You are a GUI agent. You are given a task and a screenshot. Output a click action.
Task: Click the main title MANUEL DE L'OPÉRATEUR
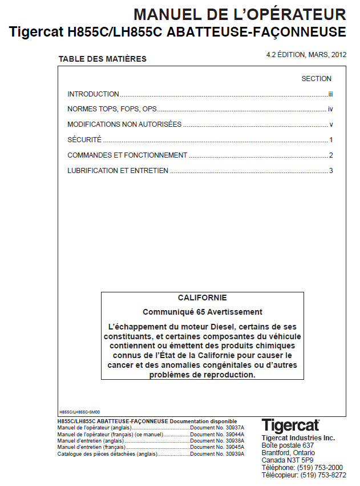click(239, 14)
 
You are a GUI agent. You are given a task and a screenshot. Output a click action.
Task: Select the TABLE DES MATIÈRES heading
click(102, 59)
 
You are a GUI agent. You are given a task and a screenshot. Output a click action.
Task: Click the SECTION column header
click(316, 79)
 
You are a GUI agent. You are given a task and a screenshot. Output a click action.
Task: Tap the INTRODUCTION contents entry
click(93, 94)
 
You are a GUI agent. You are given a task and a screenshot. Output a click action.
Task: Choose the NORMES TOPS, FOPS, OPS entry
click(112, 109)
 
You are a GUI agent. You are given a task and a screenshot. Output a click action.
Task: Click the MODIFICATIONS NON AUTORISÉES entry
click(124, 124)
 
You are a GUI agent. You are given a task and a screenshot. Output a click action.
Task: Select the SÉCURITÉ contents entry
click(84, 140)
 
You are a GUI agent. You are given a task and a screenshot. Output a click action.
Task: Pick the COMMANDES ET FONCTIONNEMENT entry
click(127, 155)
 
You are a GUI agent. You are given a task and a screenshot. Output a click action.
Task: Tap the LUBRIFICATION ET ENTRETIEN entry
click(118, 170)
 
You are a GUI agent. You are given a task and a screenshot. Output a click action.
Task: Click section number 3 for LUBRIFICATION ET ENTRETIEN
click(330, 171)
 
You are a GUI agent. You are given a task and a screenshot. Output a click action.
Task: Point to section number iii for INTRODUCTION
click(330, 94)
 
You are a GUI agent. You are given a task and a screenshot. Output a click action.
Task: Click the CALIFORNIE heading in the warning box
click(202, 298)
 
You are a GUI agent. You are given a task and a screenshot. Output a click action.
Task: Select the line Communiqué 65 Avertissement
click(202, 312)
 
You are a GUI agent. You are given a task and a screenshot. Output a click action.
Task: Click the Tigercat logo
click(290, 426)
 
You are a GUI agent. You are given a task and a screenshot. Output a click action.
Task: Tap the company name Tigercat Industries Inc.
click(298, 437)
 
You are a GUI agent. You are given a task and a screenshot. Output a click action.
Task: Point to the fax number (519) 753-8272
click(323, 475)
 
